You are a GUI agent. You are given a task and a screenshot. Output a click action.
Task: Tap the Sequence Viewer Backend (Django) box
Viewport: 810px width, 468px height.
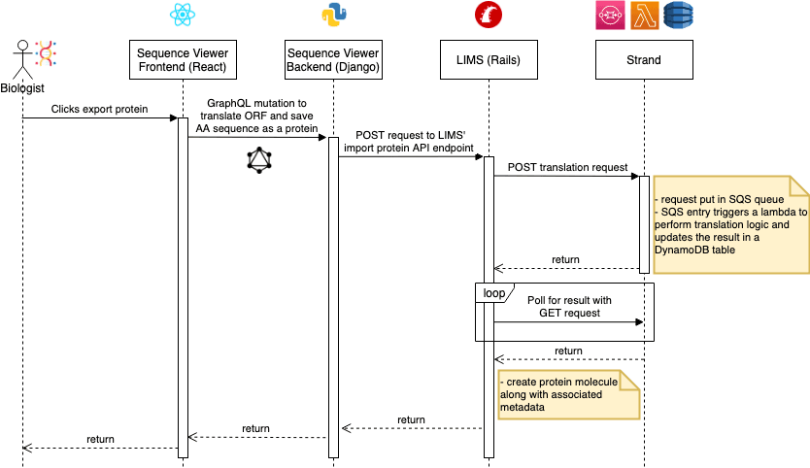click(333, 59)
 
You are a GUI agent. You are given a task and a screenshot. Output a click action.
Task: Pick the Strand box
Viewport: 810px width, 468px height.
click(643, 59)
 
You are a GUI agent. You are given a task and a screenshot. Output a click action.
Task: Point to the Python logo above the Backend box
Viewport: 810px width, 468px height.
click(334, 15)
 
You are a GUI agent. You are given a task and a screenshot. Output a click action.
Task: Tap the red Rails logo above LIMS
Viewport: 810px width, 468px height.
click(489, 15)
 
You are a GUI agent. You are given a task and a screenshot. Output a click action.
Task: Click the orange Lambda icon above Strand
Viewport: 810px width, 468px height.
click(644, 15)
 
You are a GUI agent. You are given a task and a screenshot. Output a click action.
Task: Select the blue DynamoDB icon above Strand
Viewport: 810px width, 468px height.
click(677, 15)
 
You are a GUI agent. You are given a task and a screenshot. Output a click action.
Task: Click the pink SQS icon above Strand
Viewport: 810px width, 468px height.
click(610, 15)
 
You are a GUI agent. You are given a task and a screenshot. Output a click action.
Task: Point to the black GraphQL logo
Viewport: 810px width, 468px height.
click(257, 160)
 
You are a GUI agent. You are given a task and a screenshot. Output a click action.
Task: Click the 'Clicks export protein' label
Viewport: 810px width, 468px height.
click(100, 110)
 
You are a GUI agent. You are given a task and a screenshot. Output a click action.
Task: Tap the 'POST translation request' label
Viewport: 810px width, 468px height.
click(567, 168)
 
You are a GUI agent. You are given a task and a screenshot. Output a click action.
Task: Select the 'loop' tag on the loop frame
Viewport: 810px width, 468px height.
click(493, 290)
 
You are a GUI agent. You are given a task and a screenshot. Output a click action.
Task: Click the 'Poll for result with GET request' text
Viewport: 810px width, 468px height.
click(568, 308)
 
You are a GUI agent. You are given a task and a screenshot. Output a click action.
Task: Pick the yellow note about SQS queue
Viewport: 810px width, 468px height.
click(730, 223)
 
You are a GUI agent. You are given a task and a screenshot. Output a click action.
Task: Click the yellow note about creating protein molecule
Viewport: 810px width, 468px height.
click(569, 394)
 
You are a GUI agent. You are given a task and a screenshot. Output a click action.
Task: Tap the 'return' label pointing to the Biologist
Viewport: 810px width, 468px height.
click(100, 439)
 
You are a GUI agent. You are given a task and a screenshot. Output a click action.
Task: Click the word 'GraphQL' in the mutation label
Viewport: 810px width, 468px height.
click(229, 102)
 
